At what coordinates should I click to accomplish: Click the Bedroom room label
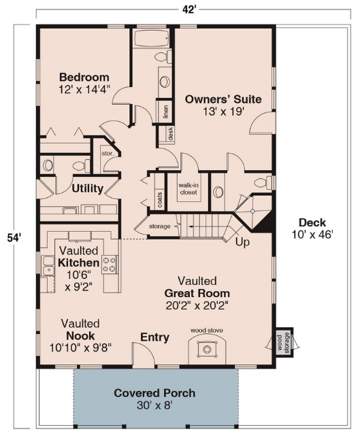click(84, 77)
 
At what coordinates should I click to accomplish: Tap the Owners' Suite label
click(223, 99)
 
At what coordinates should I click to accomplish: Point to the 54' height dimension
click(14, 238)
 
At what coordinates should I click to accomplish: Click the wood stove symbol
click(207, 349)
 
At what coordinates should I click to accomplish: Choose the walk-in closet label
click(189, 189)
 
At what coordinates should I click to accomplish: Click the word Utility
click(88, 188)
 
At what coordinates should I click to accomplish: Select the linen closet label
click(166, 112)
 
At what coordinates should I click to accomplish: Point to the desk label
click(170, 133)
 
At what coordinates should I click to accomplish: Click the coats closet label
click(160, 199)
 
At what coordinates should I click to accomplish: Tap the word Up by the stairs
click(242, 242)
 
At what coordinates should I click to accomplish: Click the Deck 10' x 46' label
click(312, 229)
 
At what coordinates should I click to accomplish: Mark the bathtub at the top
click(151, 37)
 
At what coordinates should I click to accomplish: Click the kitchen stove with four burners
click(110, 265)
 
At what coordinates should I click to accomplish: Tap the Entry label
click(155, 337)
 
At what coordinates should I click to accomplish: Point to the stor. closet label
click(108, 153)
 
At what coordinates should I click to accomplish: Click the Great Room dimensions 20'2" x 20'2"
click(197, 306)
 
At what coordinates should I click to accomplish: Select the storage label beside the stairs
click(159, 226)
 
